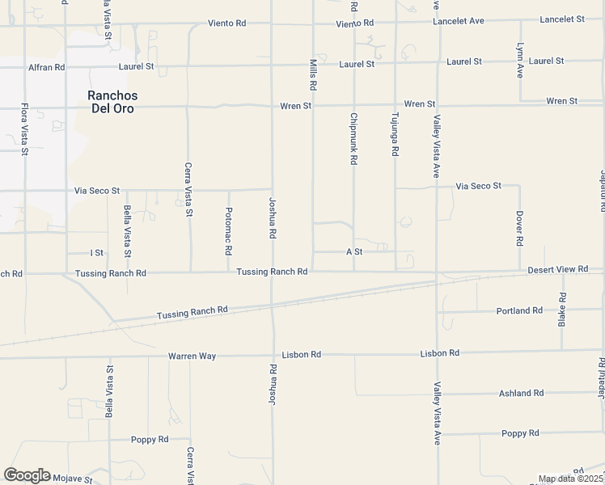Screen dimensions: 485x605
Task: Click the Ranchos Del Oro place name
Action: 112,101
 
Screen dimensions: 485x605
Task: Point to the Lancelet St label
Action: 562,19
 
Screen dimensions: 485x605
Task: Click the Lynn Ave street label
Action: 521,61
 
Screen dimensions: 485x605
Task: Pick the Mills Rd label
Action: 312,75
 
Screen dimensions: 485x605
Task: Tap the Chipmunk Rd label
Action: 353,139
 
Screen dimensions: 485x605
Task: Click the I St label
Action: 96,253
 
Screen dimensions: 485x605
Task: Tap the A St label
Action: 354,252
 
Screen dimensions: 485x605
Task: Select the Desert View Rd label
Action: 553,269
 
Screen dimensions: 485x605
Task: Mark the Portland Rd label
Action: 520,310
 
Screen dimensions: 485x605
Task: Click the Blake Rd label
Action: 562,310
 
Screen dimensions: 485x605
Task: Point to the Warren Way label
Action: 192,356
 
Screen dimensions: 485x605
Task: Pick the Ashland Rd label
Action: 521,393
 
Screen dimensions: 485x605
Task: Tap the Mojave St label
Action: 72,479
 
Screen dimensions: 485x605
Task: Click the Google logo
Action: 27,475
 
